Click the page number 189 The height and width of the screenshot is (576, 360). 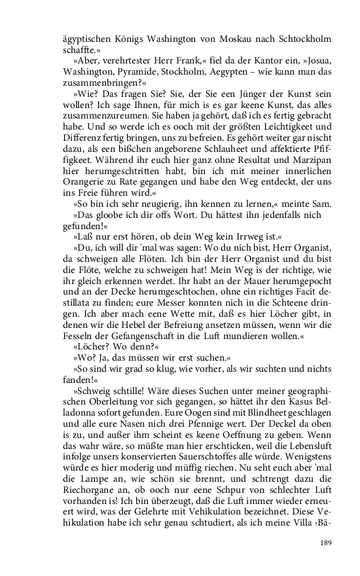click(327, 543)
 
